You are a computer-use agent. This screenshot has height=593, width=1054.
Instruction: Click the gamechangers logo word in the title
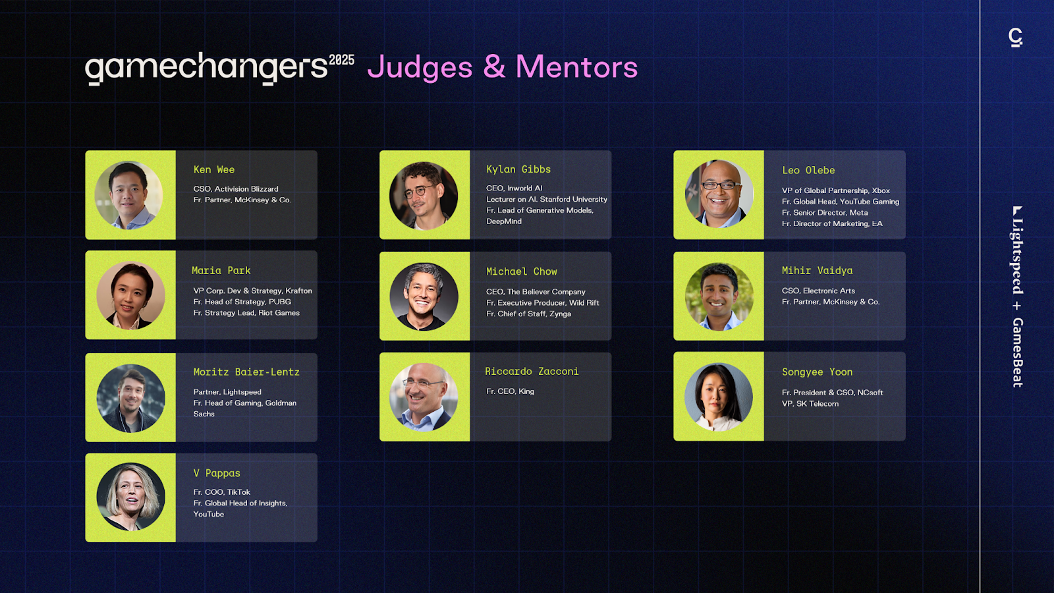(x=206, y=69)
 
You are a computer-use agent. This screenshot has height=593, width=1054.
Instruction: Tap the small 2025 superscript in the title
(x=342, y=60)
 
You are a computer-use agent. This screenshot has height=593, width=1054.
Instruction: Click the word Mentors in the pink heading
(x=577, y=67)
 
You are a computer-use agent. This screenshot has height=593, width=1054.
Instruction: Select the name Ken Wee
(x=214, y=169)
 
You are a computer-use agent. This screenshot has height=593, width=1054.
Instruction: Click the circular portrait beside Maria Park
(x=131, y=296)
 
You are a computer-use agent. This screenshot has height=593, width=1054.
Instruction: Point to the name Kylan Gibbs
(x=518, y=169)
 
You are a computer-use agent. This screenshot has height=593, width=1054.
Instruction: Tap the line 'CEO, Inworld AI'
(x=514, y=188)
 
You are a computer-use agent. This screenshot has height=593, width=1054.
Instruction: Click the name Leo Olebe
(x=808, y=171)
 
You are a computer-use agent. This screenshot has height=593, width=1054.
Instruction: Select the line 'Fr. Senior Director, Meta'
(x=825, y=213)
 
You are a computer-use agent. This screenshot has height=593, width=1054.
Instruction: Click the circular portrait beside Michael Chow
(x=424, y=296)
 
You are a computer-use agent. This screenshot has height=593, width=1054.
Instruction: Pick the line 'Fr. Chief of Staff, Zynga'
(x=528, y=314)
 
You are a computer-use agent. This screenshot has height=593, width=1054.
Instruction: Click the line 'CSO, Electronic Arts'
(x=818, y=291)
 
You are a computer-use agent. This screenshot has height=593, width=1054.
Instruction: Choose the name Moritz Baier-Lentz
(x=246, y=372)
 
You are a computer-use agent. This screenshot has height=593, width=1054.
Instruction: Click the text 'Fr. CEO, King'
(x=510, y=391)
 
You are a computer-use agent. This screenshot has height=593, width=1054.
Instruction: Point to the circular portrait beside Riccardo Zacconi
(x=424, y=397)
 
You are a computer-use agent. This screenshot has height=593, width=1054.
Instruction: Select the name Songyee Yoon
(x=818, y=372)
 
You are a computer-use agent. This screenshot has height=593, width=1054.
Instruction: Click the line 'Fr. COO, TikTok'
(x=221, y=492)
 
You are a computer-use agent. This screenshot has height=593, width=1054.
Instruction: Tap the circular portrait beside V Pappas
(x=131, y=497)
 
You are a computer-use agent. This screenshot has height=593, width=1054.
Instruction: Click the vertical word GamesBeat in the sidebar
(x=1018, y=353)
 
